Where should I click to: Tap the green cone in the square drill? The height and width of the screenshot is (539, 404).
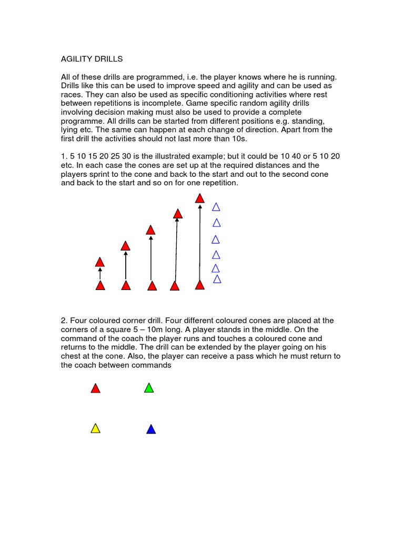[149, 388]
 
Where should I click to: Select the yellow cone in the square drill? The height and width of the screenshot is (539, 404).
[95, 428]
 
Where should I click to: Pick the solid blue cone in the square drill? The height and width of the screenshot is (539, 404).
[151, 430]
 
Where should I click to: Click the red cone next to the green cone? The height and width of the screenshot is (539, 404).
[95, 388]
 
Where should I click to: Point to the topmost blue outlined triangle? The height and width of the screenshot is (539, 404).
[216, 207]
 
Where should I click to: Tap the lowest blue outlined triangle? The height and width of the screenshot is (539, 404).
[217, 279]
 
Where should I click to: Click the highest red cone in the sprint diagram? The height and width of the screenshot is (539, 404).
[199, 198]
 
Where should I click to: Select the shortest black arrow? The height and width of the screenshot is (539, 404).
[100, 273]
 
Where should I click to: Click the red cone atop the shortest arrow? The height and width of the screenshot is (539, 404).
[100, 262]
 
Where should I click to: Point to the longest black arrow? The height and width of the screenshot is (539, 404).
[199, 242]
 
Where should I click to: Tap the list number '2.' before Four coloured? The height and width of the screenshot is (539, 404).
[64, 321]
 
